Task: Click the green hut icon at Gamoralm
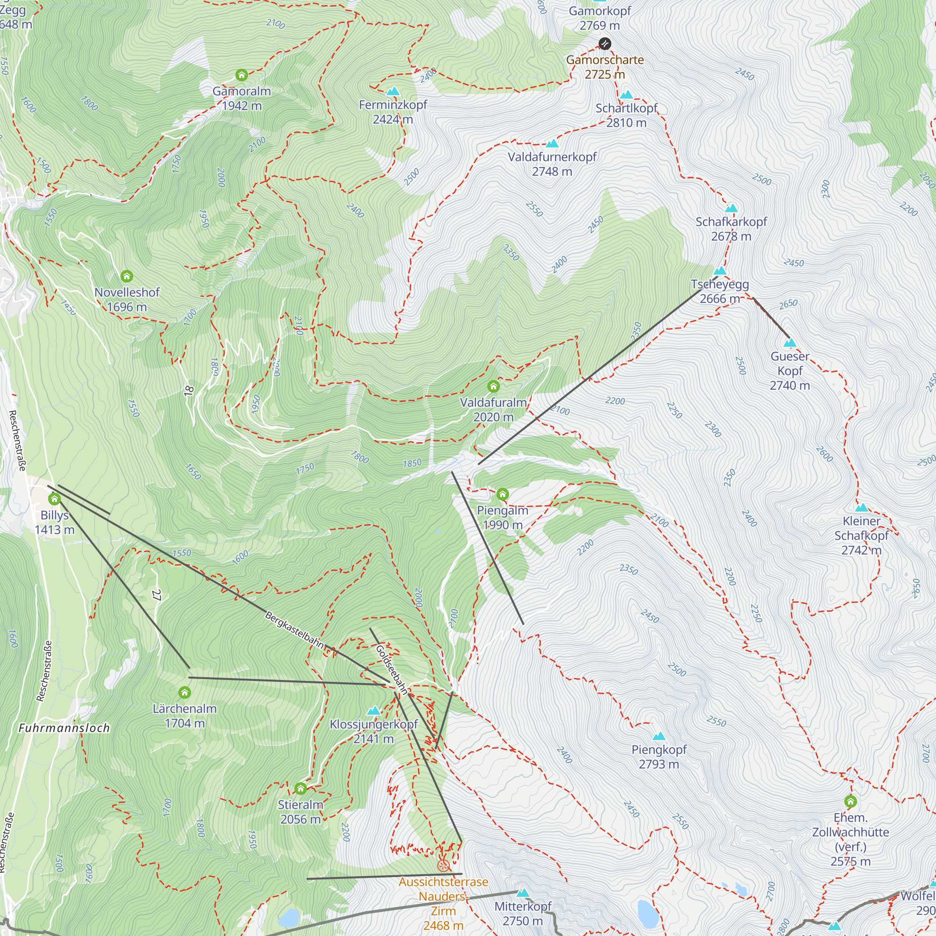[241, 75]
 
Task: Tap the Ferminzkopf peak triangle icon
[393, 91]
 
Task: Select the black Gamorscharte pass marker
[605, 44]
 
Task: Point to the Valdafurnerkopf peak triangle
[552, 143]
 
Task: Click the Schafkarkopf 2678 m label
[731, 229]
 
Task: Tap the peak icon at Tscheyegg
[720, 271]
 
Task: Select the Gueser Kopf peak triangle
[790, 343]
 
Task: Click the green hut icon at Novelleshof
[126, 276]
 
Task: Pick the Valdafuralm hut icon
[493, 386]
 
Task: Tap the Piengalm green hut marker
[502, 494]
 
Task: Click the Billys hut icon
[54, 498]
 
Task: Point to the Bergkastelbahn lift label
[294, 630]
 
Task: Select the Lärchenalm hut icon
[184, 692]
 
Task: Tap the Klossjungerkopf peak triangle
[373, 711]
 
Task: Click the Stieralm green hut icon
[300, 789]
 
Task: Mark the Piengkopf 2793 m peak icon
[659, 736]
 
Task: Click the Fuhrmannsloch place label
[64, 728]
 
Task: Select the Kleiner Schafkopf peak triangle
[862, 508]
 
